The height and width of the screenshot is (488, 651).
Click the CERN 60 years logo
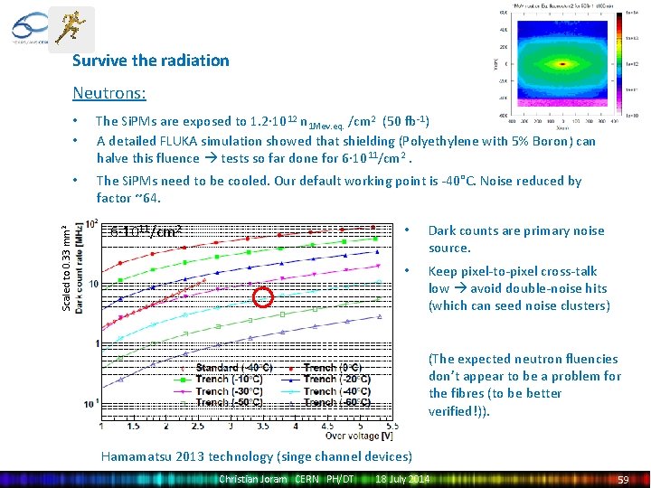tap(26, 27)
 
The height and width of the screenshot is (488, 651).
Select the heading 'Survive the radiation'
tap(151, 61)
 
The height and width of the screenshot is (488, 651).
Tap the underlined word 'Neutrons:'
tap(109, 92)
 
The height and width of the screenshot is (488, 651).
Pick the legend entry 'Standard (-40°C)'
tap(233, 368)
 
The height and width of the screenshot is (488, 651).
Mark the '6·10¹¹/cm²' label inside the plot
tap(146, 231)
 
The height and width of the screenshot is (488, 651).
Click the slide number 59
tap(622, 479)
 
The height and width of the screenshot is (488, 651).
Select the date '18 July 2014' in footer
tap(403, 479)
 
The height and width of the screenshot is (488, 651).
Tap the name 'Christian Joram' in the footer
tap(252, 479)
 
